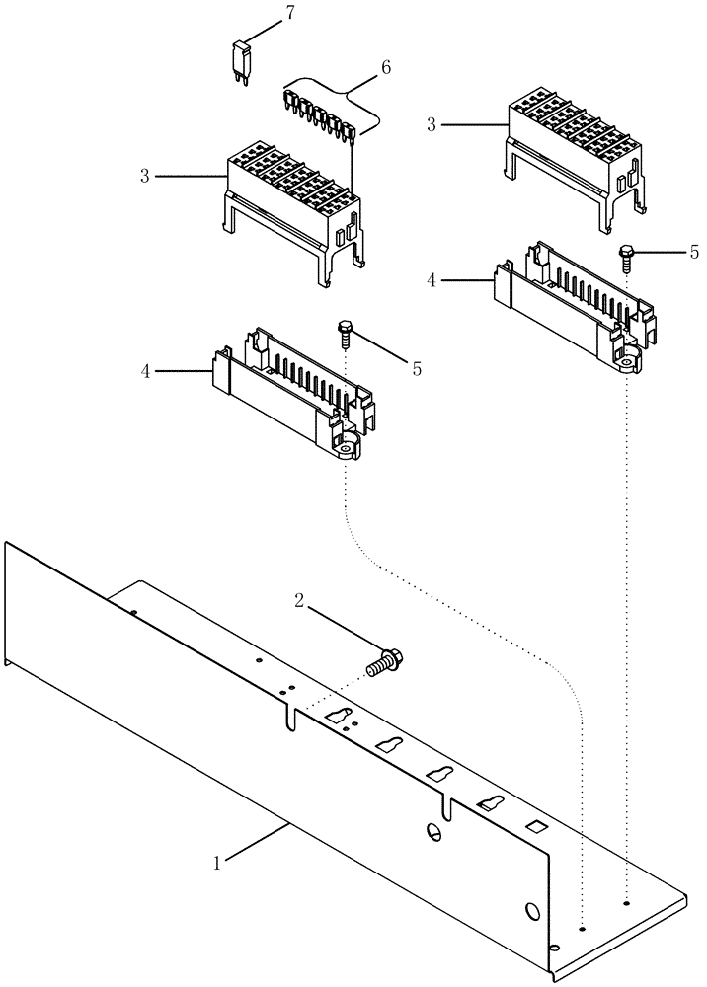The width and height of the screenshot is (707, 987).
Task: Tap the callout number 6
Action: [385, 67]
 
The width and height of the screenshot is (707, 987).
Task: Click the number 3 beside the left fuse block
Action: [144, 176]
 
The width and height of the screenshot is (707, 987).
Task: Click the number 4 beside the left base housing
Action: [144, 371]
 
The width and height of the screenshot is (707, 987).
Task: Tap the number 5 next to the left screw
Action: [417, 368]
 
